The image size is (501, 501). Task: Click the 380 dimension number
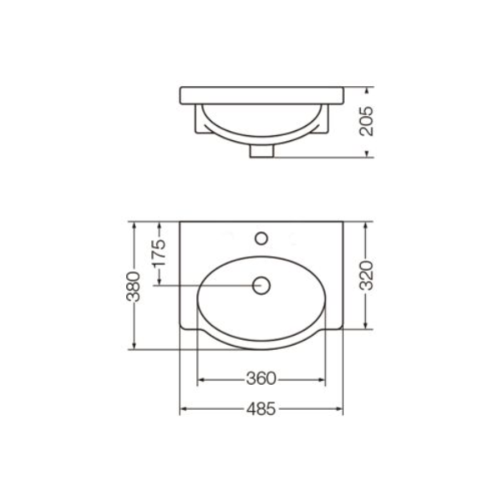point(134,286)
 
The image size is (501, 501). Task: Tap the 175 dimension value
point(159,253)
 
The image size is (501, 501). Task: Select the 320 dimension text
point(367,276)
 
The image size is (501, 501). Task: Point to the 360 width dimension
point(261,379)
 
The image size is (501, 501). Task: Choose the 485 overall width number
point(261,408)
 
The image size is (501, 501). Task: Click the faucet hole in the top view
point(261,238)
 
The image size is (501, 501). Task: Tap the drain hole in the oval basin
point(261,286)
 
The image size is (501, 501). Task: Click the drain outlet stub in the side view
point(261,151)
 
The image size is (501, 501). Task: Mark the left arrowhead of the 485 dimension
point(184,408)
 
